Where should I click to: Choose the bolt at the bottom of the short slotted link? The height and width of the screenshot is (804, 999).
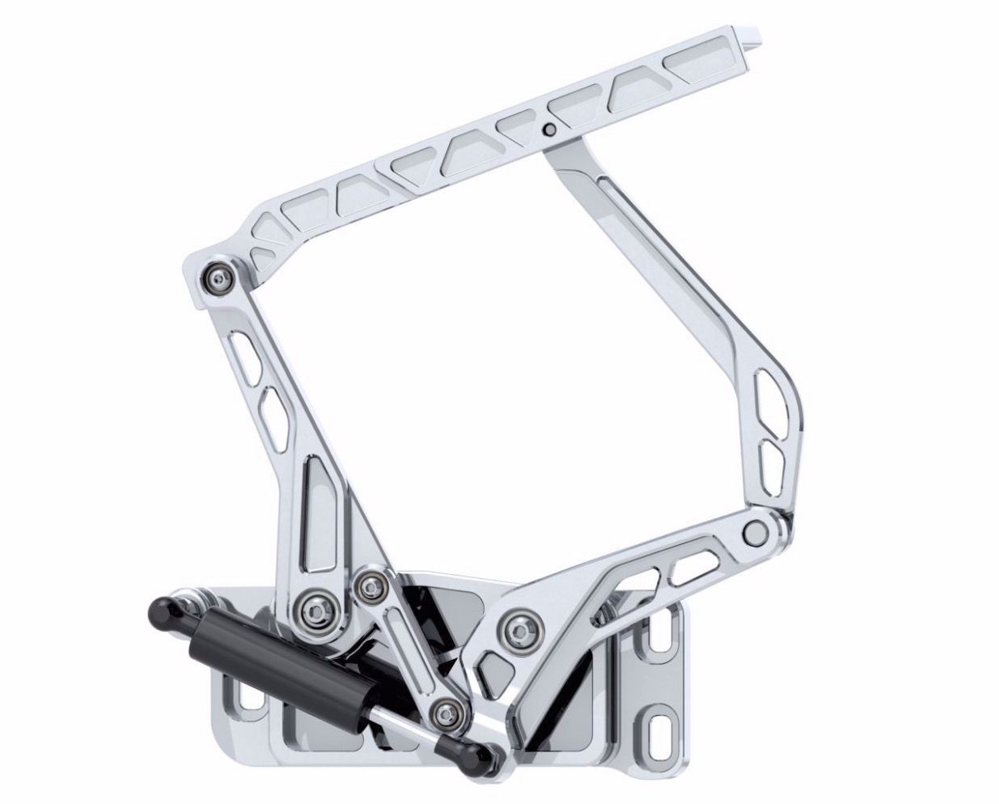click(x=444, y=713)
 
